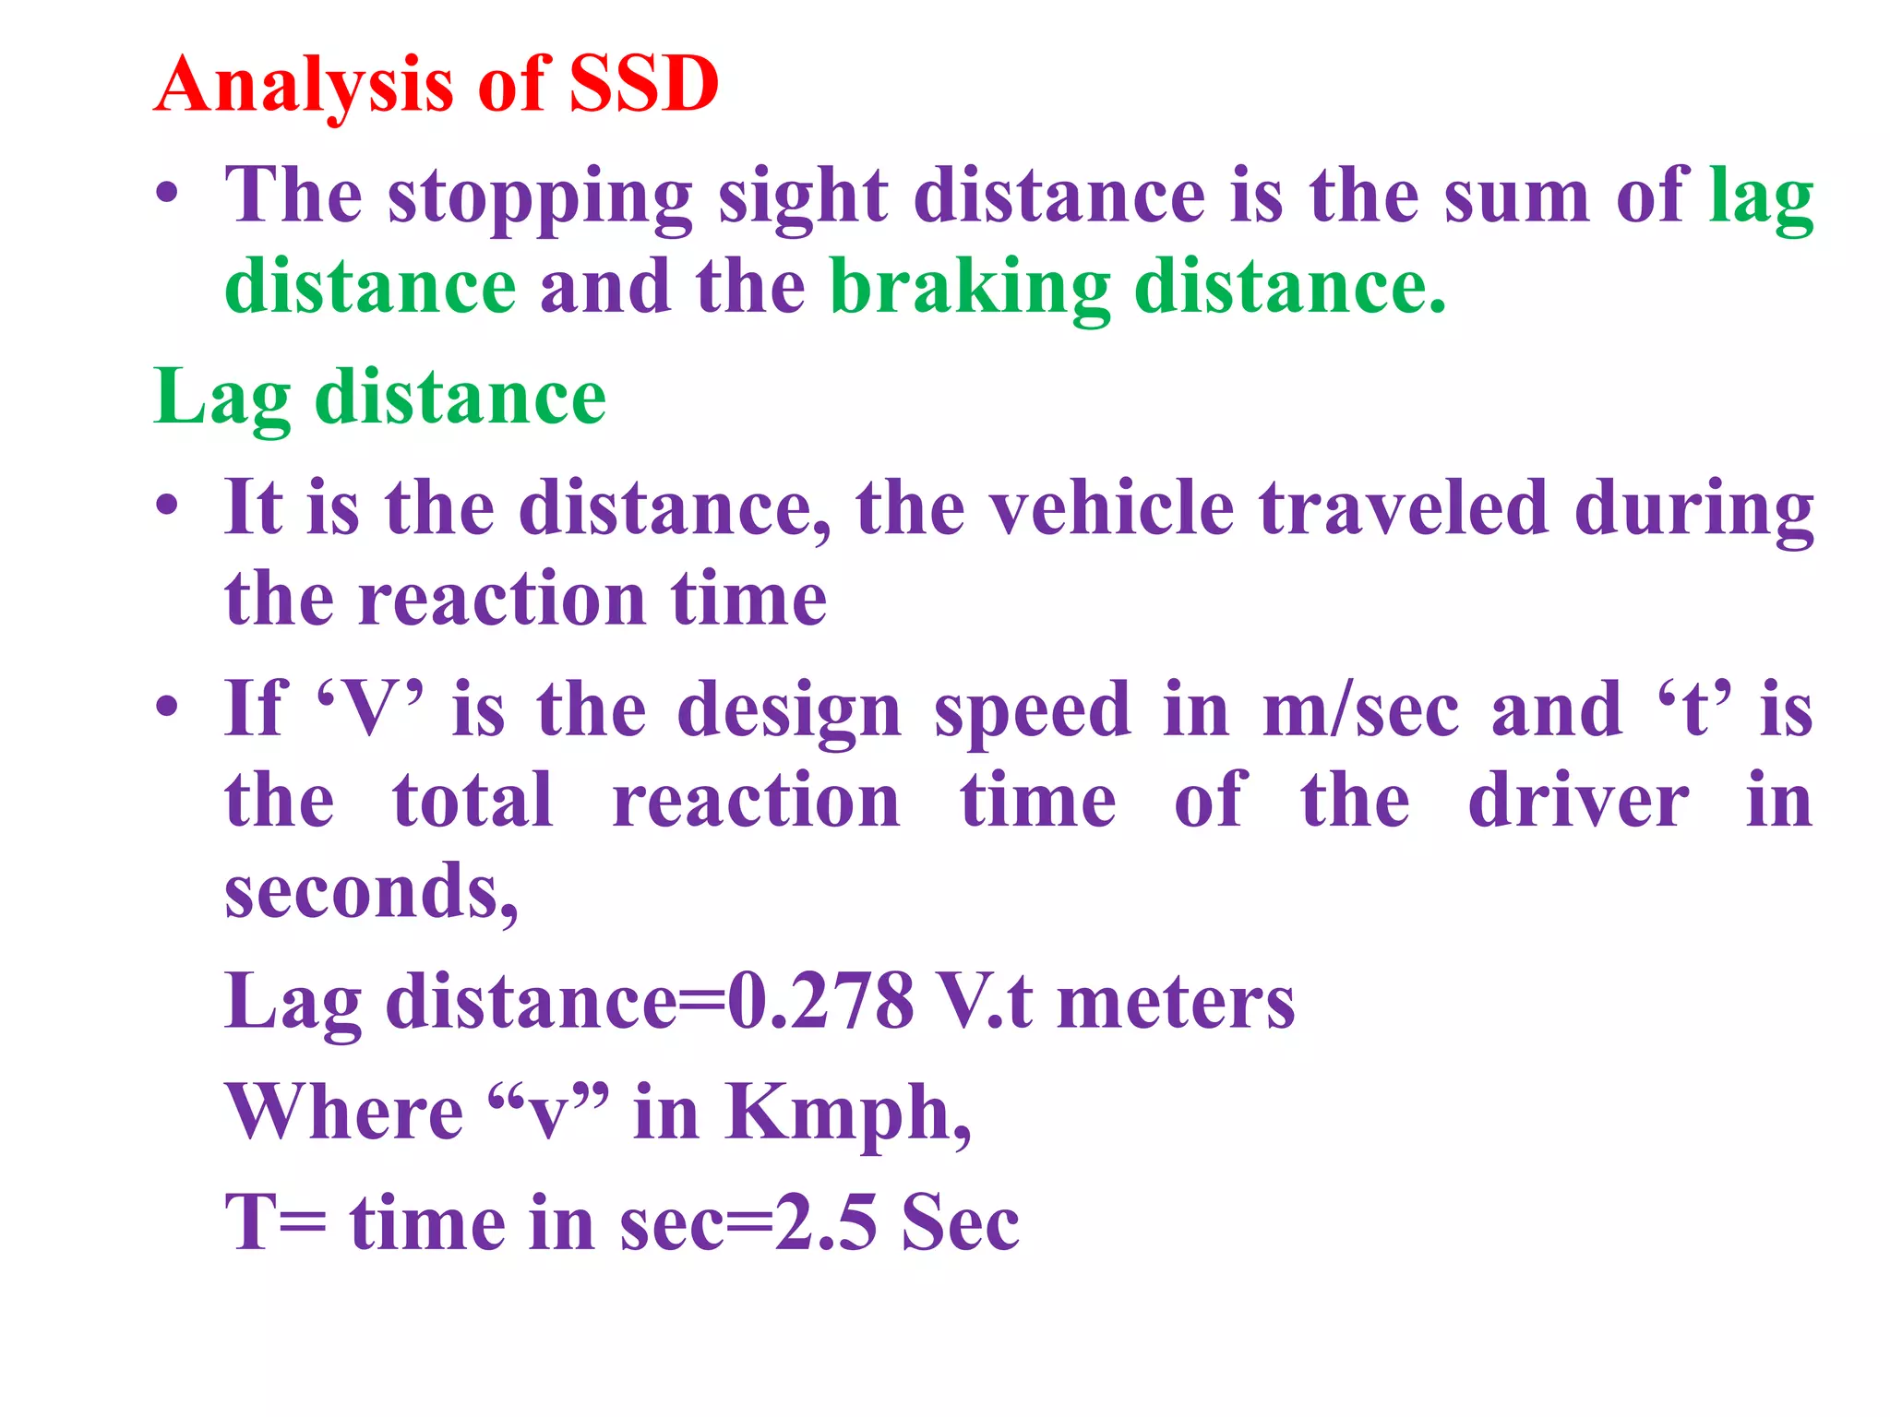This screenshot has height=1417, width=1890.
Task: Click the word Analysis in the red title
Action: tap(305, 85)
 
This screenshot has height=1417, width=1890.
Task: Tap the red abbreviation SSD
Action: tap(643, 85)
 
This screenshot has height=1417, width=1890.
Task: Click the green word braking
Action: tap(969, 287)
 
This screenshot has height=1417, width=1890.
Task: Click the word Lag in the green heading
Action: tap(222, 398)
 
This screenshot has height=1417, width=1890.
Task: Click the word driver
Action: tap(1578, 800)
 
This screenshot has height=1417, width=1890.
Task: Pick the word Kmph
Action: tap(847, 1113)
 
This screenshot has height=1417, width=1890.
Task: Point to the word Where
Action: tap(344, 1113)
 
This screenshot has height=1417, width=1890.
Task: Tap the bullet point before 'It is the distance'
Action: tap(167, 506)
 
